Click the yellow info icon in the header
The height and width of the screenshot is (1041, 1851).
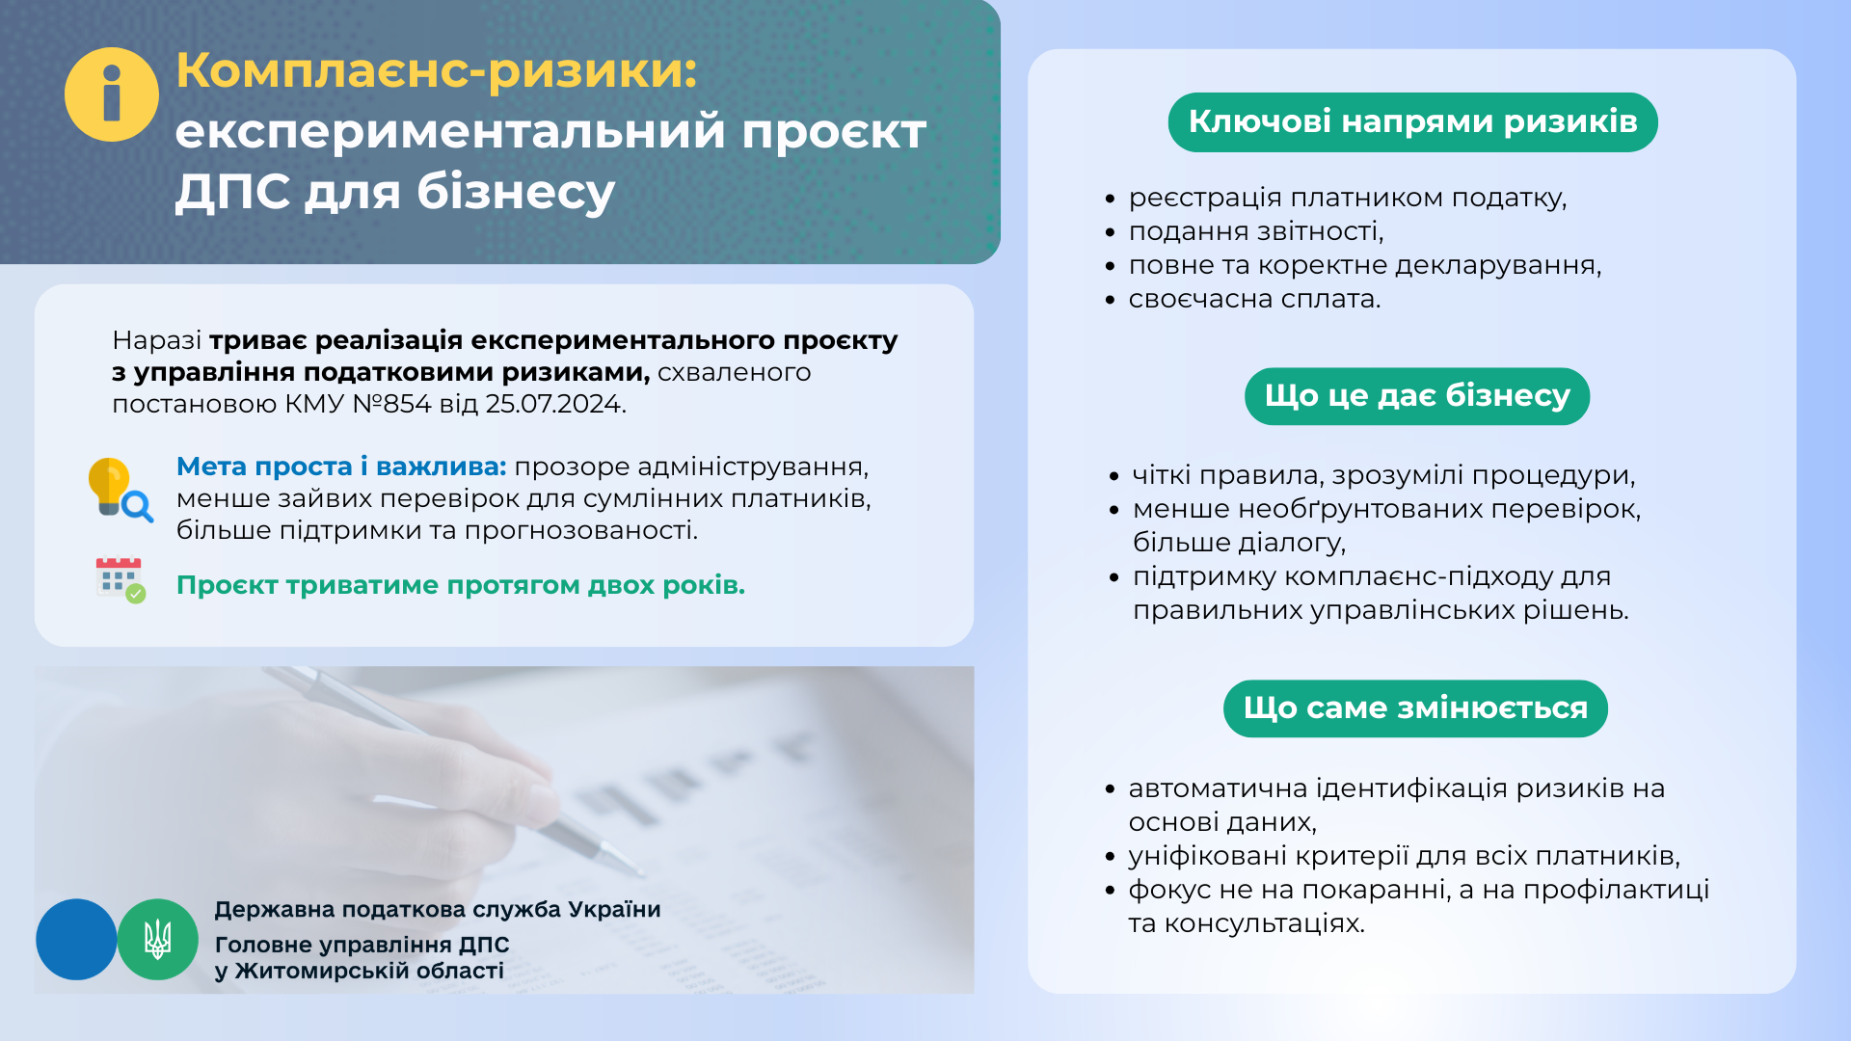pos(112,94)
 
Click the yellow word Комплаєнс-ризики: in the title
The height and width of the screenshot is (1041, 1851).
pos(437,70)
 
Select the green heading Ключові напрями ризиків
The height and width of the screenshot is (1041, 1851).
pos(1412,122)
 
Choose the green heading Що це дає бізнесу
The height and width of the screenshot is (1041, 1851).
pos(1417,396)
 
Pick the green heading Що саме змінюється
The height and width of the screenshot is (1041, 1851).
pos(1415,708)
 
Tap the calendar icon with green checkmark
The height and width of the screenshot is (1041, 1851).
pos(121,580)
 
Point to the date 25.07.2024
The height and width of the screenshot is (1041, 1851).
pos(555,404)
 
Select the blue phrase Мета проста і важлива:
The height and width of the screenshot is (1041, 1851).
pos(341,467)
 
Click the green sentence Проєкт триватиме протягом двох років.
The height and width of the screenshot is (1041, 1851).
pos(461,585)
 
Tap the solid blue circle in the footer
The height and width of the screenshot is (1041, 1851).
pos(76,940)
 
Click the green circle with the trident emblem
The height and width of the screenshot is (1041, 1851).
pos(158,940)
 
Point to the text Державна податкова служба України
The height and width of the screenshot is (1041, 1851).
pos(438,910)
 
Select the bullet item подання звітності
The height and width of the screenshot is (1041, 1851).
pos(1256,231)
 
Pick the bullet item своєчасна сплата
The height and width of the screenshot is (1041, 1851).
pos(1254,299)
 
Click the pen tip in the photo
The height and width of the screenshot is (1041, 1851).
pos(640,873)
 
